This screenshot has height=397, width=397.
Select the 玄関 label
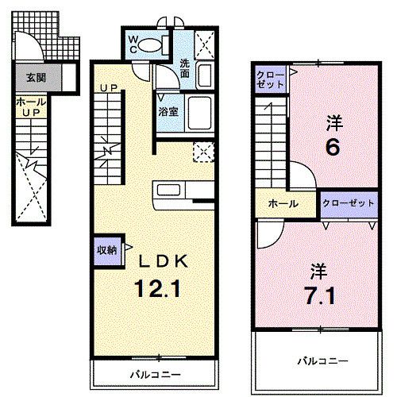coord(34,78)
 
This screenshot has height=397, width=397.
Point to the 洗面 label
coord(184,69)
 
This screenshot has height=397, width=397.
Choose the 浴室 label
coord(168,111)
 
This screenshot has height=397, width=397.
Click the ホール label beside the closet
coord(283,204)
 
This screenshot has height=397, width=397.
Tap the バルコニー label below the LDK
coord(156,373)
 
